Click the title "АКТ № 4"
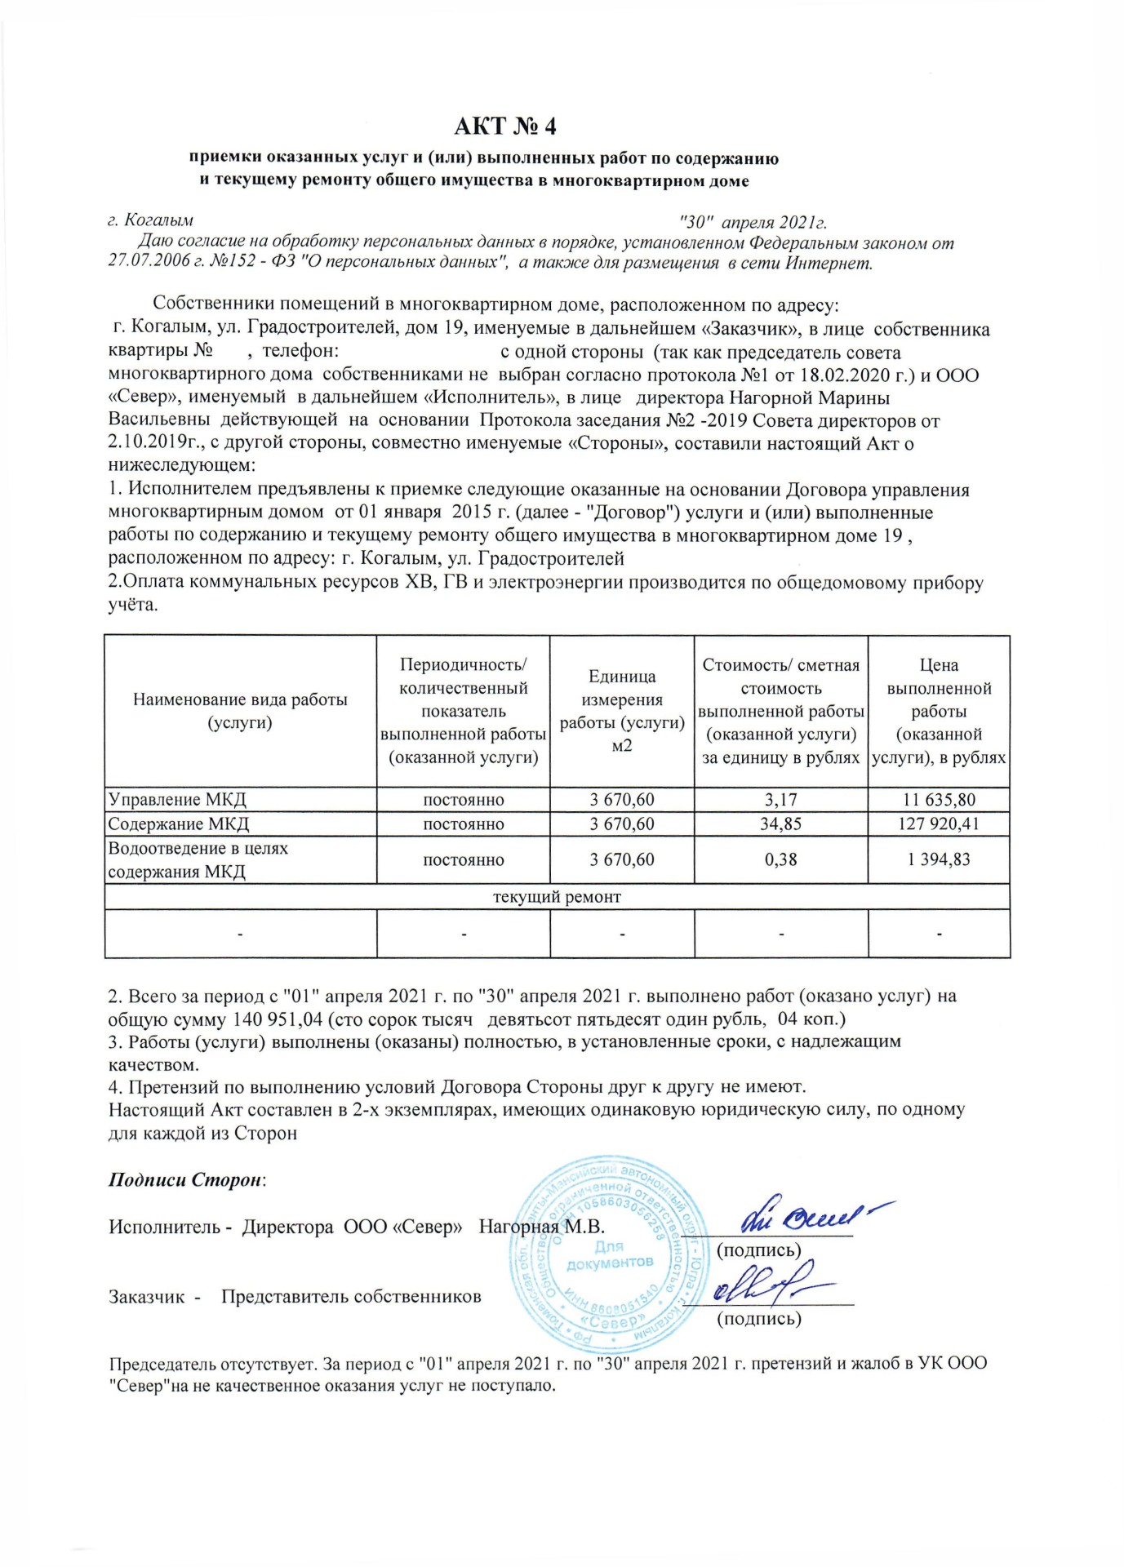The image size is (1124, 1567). (x=504, y=127)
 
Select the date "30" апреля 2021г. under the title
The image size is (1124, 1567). (x=753, y=222)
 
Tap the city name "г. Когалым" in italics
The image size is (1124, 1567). (x=151, y=220)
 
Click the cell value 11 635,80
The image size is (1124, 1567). (x=939, y=800)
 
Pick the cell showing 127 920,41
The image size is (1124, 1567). (x=939, y=823)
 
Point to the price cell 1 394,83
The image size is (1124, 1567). (x=939, y=859)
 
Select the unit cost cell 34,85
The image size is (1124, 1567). (x=780, y=823)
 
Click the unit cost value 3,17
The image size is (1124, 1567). (x=780, y=800)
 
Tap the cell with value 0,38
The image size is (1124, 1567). (x=780, y=859)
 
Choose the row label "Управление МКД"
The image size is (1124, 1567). (x=177, y=800)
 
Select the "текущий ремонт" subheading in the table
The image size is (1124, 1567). (x=557, y=897)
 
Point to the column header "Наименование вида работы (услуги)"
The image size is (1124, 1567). (x=240, y=711)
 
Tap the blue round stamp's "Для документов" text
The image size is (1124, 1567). (x=610, y=1254)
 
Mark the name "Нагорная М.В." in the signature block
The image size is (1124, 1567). (x=541, y=1227)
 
